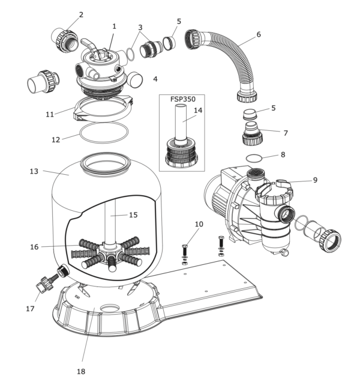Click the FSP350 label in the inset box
[183, 99]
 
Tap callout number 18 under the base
[81, 371]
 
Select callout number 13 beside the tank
[34, 171]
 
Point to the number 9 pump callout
[315, 180]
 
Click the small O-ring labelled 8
[254, 158]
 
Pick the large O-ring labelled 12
[104, 133]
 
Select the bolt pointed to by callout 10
[184, 250]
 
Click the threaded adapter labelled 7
[252, 134]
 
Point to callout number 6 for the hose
[259, 34]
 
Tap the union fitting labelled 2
[65, 40]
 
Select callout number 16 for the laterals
[34, 247]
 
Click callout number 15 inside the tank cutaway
[133, 214]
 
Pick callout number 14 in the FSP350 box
[198, 111]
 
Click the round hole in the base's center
[110, 308]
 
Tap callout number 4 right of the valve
[155, 79]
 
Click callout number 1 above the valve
[114, 26]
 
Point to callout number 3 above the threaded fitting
[140, 28]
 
